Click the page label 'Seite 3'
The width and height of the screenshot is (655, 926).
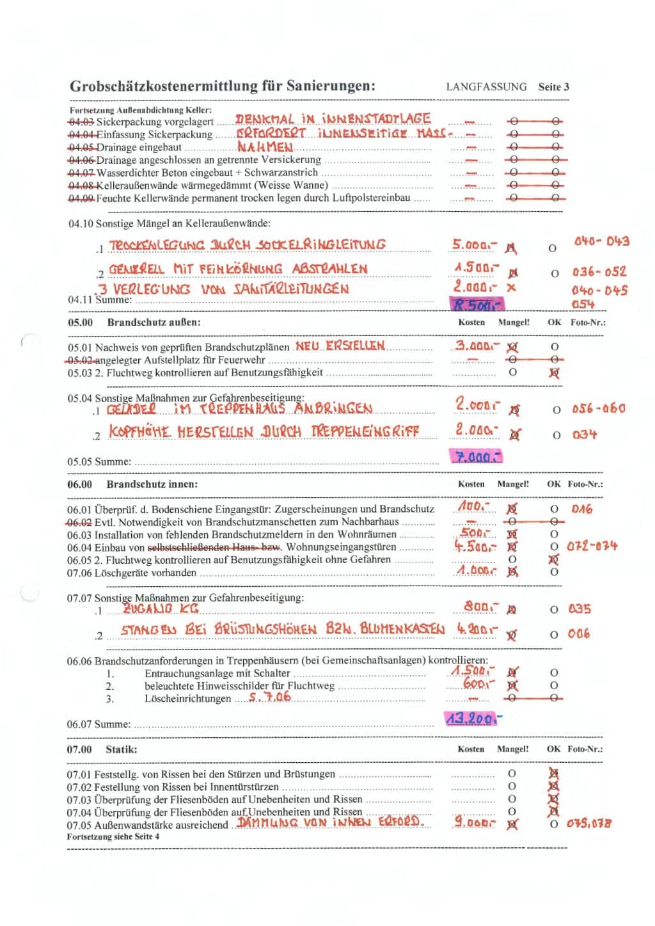[x=553, y=87]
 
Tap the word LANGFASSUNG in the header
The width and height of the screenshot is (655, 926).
[x=486, y=87]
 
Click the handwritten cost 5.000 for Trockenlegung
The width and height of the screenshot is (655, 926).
[x=474, y=245]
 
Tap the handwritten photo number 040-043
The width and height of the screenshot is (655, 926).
[x=601, y=241]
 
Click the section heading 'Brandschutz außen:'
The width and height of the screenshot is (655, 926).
[x=154, y=322]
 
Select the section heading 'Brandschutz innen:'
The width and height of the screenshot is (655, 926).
[x=152, y=484]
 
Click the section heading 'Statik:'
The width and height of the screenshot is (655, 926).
[x=122, y=749]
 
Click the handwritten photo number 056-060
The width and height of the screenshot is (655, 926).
[x=598, y=408]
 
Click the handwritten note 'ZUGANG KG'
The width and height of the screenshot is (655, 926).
[x=161, y=608]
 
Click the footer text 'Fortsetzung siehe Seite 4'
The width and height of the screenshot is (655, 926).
[x=113, y=836]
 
